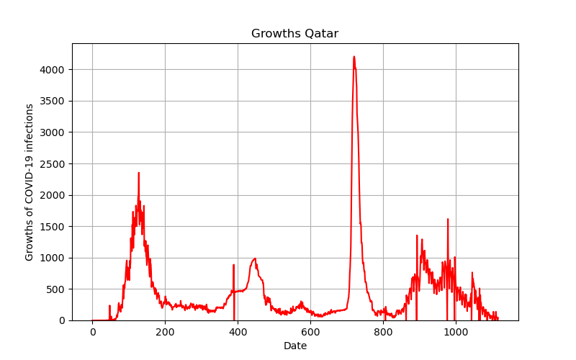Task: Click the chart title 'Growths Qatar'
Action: (294, 33)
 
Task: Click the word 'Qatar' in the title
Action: (321, 34)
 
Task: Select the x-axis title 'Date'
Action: (295, 346)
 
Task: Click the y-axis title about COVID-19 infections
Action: (29, 182)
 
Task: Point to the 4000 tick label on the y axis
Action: (52, 70)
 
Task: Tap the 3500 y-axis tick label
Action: (52, 101)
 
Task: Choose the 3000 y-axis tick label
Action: (52, 132)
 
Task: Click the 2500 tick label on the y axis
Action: (52, 164)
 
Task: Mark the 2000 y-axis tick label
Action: (52, 195)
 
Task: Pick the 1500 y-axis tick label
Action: (52, 227)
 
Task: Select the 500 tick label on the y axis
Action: (55, 289)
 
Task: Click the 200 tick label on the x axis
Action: (165, 332)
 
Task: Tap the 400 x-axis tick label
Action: (238, 332)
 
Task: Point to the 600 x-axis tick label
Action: (310, 332)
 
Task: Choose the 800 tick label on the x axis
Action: (383, 332)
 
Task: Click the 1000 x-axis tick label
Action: (456, 332)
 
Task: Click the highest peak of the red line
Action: (354, 57)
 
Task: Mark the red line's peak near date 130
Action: (138, 173)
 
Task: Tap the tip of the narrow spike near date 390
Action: (233, 265)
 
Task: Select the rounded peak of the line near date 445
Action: (255, 258)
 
